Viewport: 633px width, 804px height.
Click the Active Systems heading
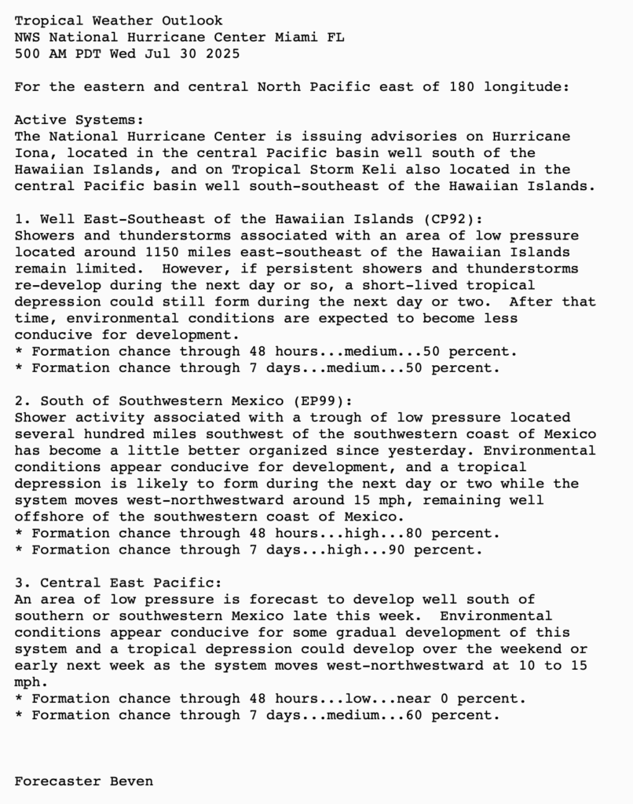(x=79, y=120)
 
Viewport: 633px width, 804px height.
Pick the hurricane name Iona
(x=31, y=153)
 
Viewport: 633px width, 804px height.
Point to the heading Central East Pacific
(x=131, y=583)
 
